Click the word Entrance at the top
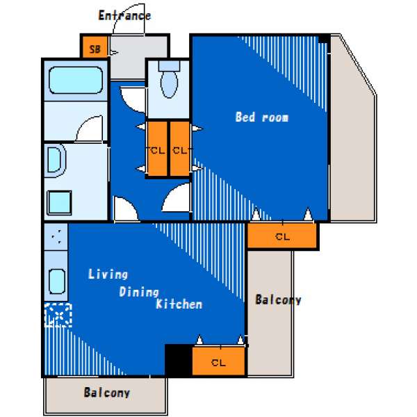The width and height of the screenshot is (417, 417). click(124, 15)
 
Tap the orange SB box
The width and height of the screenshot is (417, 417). click(95, 47)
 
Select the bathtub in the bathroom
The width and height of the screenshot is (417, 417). click(76, 80)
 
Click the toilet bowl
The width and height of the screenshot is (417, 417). click(169, 83)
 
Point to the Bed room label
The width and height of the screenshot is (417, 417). click(262, 117)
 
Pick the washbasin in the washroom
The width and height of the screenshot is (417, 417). click(56, 161)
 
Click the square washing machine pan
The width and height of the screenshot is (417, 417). click(59, 203)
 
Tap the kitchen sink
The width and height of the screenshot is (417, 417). click(57, 281)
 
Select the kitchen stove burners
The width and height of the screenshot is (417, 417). click(56, 237)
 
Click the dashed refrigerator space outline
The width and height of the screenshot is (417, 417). click(58, 316)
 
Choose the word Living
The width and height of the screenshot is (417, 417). click(108, 275)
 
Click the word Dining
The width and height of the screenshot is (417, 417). click(139, 292)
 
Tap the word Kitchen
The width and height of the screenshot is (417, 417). click(179, 304)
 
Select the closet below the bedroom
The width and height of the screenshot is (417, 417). click(282, 236)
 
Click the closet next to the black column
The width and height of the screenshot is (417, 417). click(218, 361)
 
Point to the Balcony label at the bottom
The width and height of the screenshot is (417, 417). click(106, 393)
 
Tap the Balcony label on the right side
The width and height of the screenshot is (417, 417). click(278, 300)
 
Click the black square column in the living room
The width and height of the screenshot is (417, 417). click(179, 360)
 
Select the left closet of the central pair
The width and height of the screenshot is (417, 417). click(158, 149)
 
